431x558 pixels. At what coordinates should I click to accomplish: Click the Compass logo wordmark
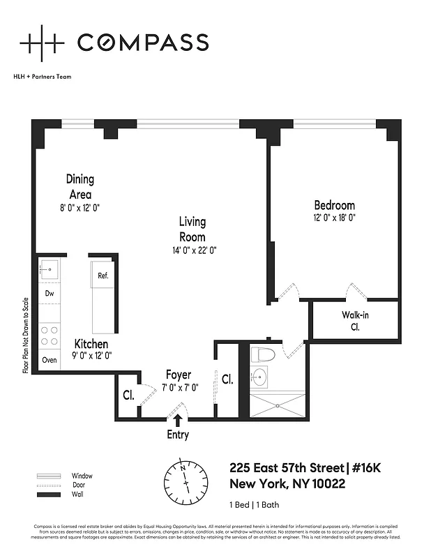[x=142, y=43]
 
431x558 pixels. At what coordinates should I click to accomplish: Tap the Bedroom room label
[x=334, y=205]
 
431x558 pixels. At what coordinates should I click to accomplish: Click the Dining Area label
[x=80, y=187]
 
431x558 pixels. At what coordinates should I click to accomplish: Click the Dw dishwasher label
[x=50, y=294]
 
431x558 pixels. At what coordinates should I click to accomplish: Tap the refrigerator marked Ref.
[x=102, y=276]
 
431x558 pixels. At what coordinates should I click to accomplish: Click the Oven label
[x=50, y=360]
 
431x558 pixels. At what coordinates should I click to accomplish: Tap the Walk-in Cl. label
[x=354, y=320]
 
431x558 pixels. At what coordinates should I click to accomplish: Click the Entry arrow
[x=178, y=420]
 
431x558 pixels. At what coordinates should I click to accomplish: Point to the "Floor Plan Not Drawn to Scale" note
[x=26, y=335]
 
